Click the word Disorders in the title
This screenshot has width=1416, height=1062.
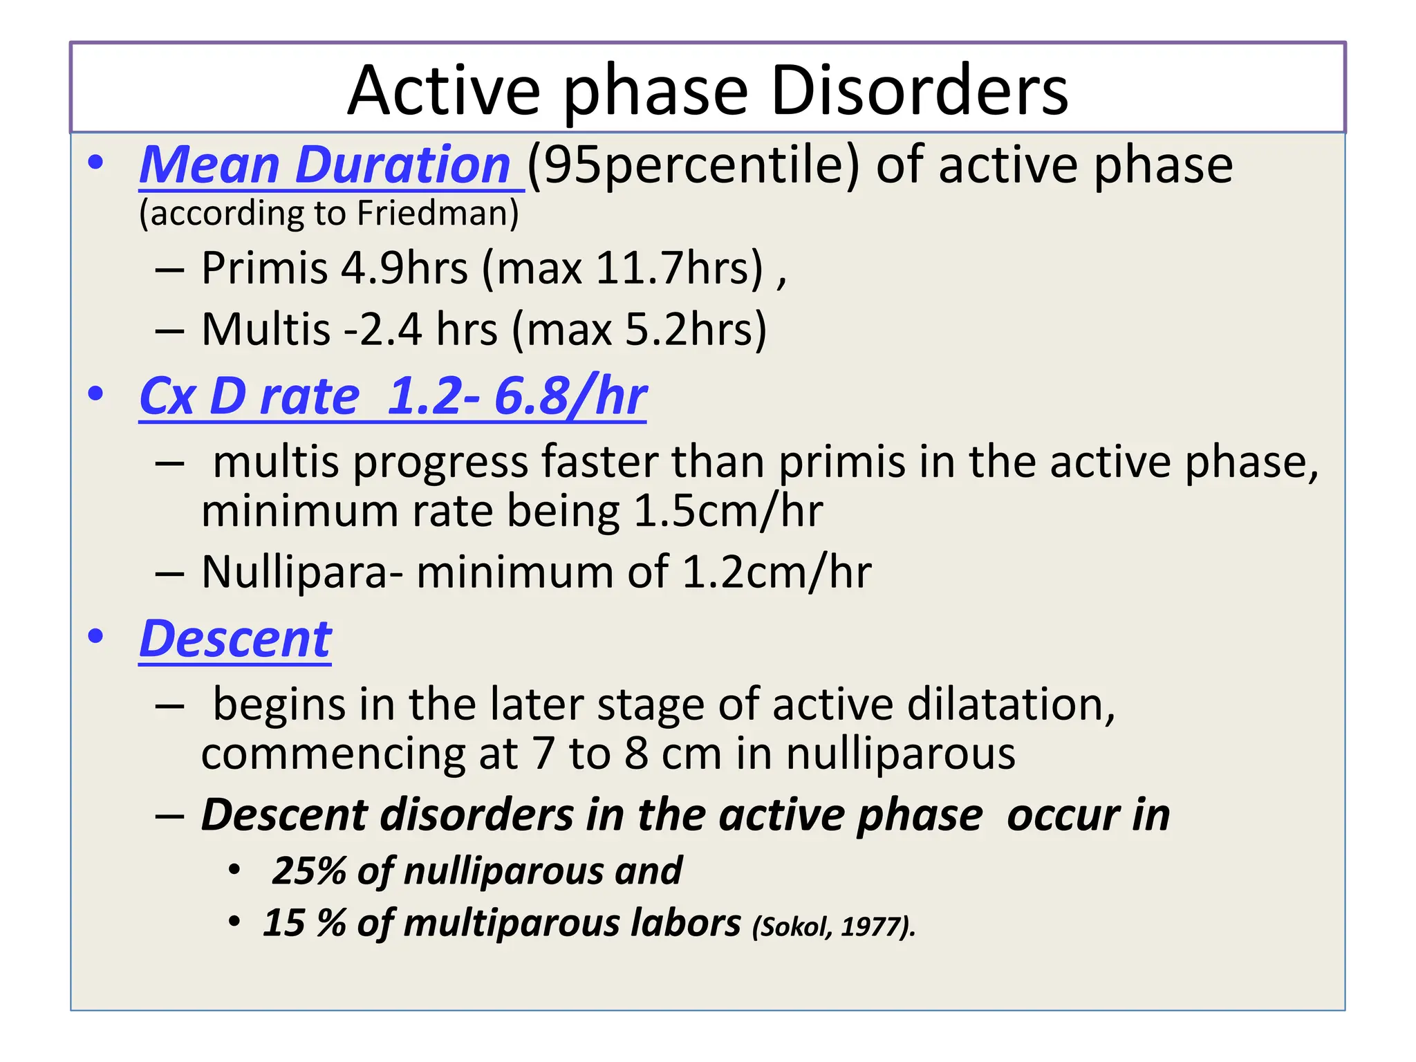[x=919, y=91]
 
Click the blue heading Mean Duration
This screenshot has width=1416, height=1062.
[x=325, y=165]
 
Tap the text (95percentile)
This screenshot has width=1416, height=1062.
[x=693, y=167]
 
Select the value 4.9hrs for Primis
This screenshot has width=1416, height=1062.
[x=404, y=268]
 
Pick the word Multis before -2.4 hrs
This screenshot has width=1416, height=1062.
[x=265, y=329]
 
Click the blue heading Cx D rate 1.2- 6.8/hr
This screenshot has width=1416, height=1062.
[x=393, y=396]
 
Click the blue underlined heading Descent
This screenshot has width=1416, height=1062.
[x=235, y=639]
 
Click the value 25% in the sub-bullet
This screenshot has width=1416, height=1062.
[x=308, y=870]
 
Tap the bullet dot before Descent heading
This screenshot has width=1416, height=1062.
[x=95, y=637]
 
